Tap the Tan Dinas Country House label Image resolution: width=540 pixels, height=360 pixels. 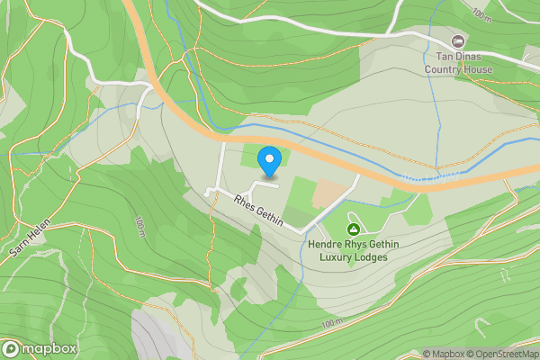tap(459, 60)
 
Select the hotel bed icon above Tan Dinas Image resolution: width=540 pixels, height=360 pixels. tap(459, 40)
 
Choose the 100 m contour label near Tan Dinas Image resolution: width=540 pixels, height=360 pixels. tap(481, 13)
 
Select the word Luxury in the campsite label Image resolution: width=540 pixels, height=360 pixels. tap(337, 257)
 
